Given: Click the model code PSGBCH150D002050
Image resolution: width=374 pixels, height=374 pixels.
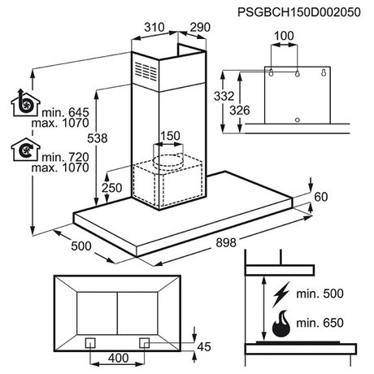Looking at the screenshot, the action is tap(299, 12).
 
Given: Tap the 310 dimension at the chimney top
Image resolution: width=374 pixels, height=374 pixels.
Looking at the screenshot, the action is tap(154, 27).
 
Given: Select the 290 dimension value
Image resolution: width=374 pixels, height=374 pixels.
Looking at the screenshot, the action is tap(200, 27).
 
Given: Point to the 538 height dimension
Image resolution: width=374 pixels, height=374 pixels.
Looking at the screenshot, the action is tap(98, 138).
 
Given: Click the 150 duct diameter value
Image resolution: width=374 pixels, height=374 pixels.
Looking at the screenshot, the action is tap(170, 136).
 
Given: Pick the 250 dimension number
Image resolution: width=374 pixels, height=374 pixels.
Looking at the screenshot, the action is tap(112, 188).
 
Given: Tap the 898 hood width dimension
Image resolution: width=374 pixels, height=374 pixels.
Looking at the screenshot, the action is tap(226, 242).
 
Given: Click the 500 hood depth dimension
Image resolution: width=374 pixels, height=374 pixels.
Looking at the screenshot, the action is tap(81, 246).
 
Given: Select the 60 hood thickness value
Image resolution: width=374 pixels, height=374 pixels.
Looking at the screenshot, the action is tap(321, 197).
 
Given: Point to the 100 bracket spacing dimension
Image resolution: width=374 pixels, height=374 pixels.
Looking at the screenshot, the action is tap(284, 36).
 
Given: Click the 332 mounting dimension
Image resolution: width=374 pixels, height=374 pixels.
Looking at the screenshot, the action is tap(224, 96).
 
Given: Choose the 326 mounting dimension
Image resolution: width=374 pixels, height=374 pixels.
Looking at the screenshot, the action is tap(240, 111).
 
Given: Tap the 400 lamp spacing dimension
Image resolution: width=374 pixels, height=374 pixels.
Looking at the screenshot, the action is tap(119, 359).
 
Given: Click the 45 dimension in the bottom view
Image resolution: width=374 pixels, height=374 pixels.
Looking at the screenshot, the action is tap(204, 347).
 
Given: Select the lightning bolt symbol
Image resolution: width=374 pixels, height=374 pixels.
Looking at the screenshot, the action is tap(281, 294).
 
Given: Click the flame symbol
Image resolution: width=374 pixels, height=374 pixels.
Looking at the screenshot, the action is tap(281, 324).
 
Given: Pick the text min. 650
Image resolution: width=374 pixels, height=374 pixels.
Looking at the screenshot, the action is tap(320, 323).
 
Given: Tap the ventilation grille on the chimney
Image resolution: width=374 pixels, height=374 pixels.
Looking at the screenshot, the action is tap(146, 72).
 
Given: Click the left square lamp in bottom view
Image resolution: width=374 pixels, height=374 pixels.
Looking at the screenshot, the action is tap(90, 343).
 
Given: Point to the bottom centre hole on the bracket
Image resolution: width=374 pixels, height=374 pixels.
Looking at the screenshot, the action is tap(298, 120).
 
